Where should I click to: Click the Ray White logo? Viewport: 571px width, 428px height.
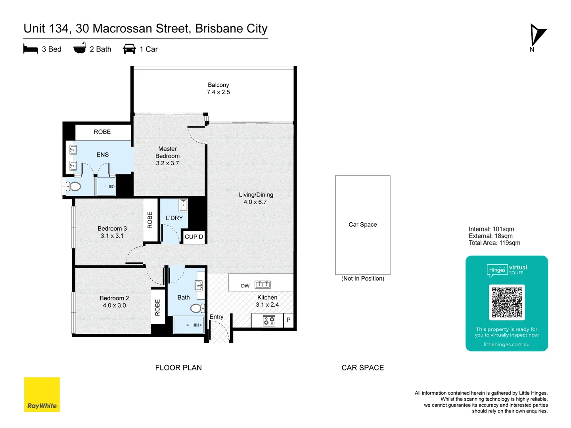[x=42, y=394]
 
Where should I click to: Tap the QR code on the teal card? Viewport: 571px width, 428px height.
[x=507, y=302]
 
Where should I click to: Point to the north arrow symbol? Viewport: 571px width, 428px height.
[x=537, y=36]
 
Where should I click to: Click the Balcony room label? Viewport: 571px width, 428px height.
[x=218, y=85]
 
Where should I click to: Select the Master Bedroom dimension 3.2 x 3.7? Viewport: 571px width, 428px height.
[x=167, y=163]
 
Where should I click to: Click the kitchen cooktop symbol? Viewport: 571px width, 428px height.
[x=269, y=321]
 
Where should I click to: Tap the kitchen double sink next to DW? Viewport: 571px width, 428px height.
[x=263, y=285]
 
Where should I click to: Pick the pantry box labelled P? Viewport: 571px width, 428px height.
[x=289, y=320]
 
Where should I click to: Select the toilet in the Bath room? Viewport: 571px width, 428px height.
[x=197, y=308]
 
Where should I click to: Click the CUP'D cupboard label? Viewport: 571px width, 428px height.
[x=194, y=237]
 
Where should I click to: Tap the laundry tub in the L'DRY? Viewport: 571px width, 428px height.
[x=183, y=205]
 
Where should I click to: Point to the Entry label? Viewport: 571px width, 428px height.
[x=217, y=317]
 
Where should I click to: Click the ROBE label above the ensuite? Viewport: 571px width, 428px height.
[x=102, y=132]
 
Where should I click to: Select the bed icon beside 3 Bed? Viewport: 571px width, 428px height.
[x=31, y=49]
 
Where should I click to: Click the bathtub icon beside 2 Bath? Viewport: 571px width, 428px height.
[x=80, y=48]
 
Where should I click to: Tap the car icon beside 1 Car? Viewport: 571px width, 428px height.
[x=129, y=49]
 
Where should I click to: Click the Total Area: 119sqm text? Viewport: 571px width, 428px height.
[x=494, y=243]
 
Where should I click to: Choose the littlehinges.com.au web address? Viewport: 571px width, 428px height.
[x=506, y=344]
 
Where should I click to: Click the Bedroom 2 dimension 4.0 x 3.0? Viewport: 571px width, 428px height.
[x=114, y=306]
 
